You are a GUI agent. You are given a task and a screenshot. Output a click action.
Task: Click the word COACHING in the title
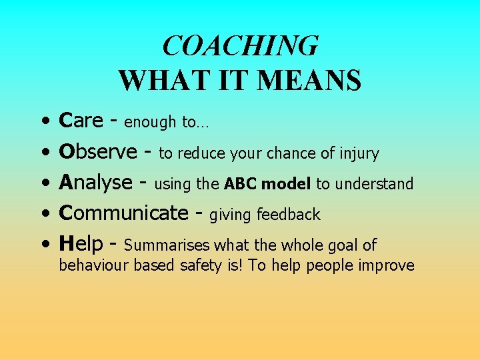(x=240, y=47)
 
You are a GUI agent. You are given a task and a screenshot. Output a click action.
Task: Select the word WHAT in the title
(x=151, y=81)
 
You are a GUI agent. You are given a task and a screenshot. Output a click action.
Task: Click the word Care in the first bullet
(x=81, y=121)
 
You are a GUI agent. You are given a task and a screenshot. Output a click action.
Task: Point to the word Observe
(x=97, y=151)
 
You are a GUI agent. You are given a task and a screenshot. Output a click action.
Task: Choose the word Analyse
(x=96, y=182)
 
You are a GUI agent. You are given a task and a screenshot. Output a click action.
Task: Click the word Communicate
(x=124, y=213)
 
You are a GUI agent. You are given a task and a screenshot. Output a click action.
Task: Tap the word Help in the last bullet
(x=80, y=244)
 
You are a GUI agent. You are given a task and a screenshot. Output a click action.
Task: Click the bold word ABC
(x=239, y=184)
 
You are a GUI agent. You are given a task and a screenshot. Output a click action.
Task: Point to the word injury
(x=359, y=154)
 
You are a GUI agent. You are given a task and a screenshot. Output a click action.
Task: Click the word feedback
(x=288, y=215)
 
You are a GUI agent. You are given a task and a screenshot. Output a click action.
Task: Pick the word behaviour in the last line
(x=94, y=265)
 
